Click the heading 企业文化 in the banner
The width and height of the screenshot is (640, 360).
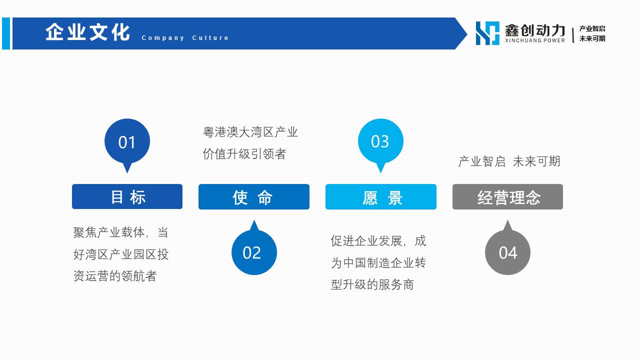(87, 32)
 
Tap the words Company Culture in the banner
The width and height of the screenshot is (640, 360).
(185, 37)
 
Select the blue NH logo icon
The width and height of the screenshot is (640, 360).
(487, 33)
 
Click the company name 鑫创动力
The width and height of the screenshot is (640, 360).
(535, 30)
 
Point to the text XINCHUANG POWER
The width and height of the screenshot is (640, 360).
(535, 40)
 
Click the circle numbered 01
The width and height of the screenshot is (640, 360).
(127, 141)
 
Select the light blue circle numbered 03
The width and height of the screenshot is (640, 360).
(380, 141)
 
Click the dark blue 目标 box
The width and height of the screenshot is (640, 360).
(127, 196)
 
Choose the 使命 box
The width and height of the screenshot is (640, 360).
(254, 197)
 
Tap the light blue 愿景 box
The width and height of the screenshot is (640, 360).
(381, 197)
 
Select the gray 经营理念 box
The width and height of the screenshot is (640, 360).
(507, 197)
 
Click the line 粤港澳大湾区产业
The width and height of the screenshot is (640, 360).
(250, 132)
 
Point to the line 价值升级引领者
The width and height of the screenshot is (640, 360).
(244, 154)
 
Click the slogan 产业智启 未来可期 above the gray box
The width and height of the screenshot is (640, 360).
(509, 161)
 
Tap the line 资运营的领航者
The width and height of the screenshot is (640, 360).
(115, 276)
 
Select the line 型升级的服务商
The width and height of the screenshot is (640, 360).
(372, 284)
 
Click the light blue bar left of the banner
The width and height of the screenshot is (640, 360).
(6, 33)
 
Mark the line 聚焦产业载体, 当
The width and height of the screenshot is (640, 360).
(121, 232)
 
